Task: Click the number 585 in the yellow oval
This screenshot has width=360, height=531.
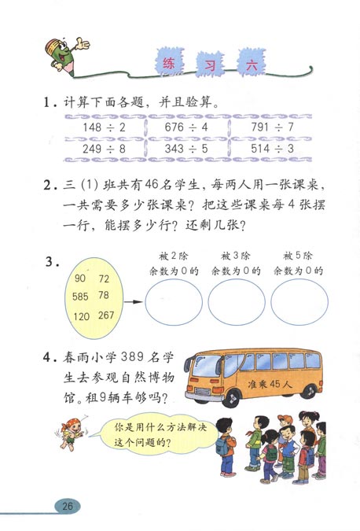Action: (x=80, y=297)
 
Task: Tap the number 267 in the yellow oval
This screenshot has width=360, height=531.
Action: (x=105, y=315)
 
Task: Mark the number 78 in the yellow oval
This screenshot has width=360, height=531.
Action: (x=104, y=296)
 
